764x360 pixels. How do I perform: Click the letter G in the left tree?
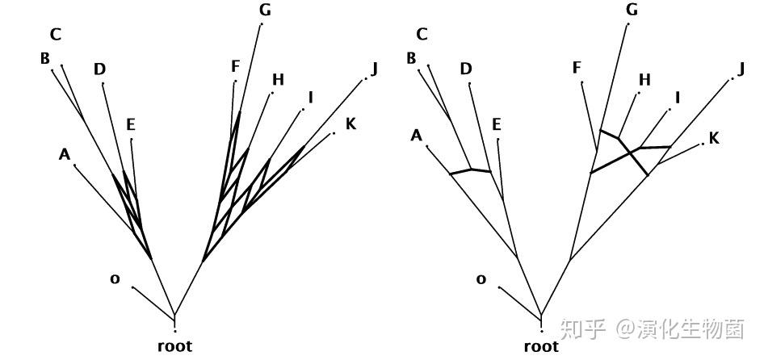[x=265, y=10]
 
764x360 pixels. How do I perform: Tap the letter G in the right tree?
[x=632, y=10]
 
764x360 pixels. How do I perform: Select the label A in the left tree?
[x=65, y=153]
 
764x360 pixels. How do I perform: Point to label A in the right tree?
[x=417, y=135]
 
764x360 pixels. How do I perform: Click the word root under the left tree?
[x=174, y=346]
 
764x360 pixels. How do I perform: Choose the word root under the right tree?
[x=541, y=346]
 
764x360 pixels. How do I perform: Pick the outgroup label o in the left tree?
[x=115, y=278]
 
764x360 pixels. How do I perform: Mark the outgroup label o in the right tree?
[x=481, y=278]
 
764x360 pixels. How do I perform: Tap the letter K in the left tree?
[x=351, y=123]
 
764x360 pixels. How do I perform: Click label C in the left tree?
[x=56, y=34]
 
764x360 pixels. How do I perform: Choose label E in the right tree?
[x=497, y=123]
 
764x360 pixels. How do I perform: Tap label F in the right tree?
[x=577, y=67]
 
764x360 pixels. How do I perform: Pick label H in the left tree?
[x=278, y=79]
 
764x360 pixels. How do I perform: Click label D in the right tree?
[x=466, y=69]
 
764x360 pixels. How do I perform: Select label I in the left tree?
[x=310, y=98]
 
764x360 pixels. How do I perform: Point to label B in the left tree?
[x=45, y=58]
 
